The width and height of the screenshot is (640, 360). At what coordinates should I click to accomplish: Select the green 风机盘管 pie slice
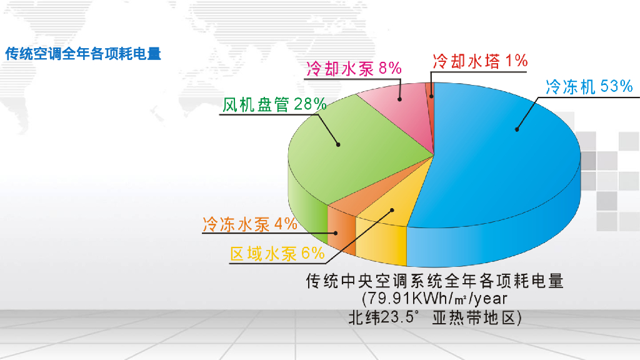click(x=362, y=156)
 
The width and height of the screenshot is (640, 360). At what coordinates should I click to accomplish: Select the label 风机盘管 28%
click(x=275, y=104)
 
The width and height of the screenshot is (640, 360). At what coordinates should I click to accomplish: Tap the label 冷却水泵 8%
click(x=354, y=68)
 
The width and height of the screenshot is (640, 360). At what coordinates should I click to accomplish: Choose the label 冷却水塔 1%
click(x=480, y=61)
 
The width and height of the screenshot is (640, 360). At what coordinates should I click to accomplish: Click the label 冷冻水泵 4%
click(x=249, y=224)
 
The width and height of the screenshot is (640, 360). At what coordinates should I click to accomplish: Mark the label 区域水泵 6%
click(x=277, y=253)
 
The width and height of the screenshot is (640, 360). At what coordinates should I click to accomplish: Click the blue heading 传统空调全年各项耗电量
click(x=83, y=54)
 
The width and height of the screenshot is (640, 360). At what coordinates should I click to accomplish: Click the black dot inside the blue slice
click(x=517, y=129)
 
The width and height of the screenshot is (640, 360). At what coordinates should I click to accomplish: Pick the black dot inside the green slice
click(x=338, y=144)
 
